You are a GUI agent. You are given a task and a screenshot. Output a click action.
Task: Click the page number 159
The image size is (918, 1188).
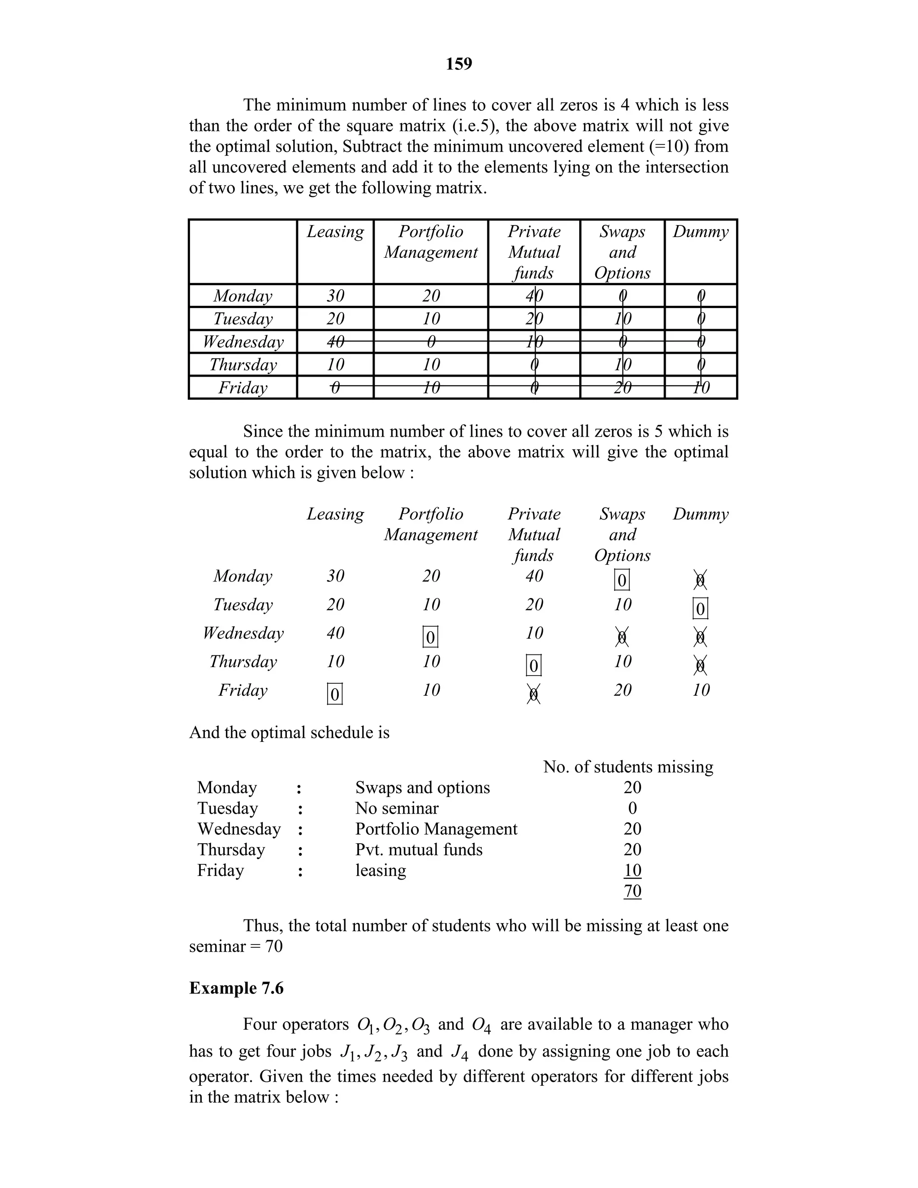point(459,64)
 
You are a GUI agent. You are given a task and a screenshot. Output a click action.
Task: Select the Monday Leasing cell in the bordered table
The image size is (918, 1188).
point(335,296)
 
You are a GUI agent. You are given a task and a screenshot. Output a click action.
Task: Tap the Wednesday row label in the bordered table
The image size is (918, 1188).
point(243,342)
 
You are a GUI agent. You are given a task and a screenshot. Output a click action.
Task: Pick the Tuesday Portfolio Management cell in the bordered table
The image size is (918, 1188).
point(431,319)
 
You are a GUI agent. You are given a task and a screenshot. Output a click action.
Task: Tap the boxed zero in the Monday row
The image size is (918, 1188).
point(622,580)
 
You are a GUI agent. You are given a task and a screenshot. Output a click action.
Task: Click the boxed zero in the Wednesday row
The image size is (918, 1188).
point(430,637)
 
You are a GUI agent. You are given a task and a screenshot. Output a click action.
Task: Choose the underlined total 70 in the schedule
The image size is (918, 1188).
point(632,891)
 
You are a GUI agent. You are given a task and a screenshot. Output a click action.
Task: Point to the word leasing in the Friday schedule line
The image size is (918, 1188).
point(380,870)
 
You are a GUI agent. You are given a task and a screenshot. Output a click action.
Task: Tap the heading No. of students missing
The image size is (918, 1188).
point(628,767)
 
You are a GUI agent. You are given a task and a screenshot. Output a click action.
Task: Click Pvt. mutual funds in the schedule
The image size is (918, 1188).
point(419,850)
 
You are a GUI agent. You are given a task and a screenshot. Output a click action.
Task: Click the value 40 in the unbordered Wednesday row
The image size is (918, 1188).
point(335,633)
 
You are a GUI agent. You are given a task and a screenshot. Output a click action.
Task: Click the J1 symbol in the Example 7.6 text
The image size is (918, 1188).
point(347,1053)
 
